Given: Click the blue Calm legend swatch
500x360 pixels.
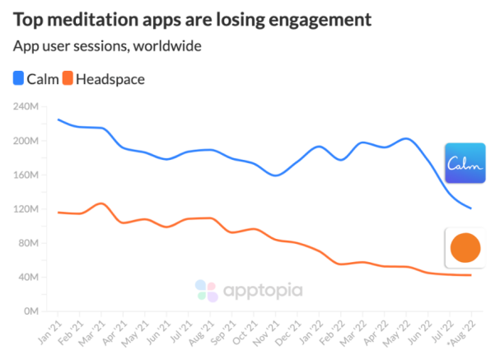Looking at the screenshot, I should [x=18, y=79].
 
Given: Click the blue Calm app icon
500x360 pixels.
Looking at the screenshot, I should [x=465, y=165].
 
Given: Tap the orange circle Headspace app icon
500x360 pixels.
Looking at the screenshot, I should [x=465, y=247].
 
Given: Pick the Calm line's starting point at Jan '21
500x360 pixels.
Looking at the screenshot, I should [x=58, y=119].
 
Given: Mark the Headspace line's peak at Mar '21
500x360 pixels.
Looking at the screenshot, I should [x=100, y=203].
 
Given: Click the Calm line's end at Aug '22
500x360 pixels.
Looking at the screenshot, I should [x=470, y=208].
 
